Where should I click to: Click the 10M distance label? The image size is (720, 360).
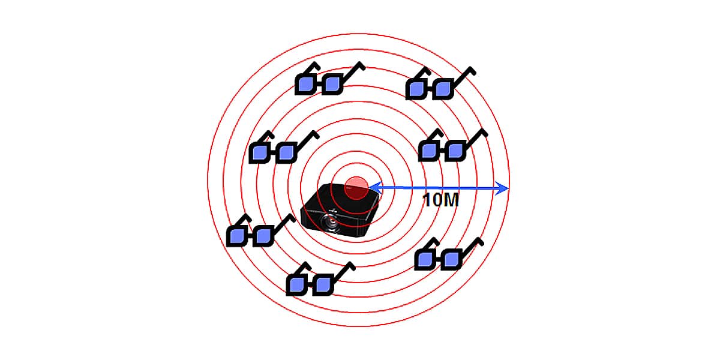tap(440, 200)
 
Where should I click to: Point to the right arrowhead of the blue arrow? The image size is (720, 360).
tap(502, 188)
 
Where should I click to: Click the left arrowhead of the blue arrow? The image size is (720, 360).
tap(376, 187)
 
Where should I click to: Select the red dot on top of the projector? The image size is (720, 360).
tap(356, 188)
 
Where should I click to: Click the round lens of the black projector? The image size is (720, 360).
tap(330, 221)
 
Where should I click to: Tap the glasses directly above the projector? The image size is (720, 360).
tap(330, 79)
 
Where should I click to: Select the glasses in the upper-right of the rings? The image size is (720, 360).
tap(440, 83)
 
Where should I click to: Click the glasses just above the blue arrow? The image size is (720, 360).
tap(453, 145)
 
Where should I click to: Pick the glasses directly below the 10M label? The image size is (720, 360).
tap(449, 254)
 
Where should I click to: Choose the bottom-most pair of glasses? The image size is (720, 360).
tap(321, 278)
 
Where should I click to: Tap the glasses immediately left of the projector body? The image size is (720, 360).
tap(261, 230)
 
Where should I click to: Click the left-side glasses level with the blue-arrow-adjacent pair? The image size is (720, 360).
tap(284, 147)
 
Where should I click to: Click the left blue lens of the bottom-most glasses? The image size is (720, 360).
tap(296, 285)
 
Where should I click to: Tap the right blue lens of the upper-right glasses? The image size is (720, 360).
tap(443, 88)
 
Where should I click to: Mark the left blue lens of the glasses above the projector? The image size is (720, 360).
tap(306, 84)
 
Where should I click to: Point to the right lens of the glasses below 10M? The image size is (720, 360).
tap(452, 259)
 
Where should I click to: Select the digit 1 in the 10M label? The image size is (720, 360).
tap(426, 200)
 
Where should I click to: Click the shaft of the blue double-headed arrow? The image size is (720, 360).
tap(439, 188)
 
